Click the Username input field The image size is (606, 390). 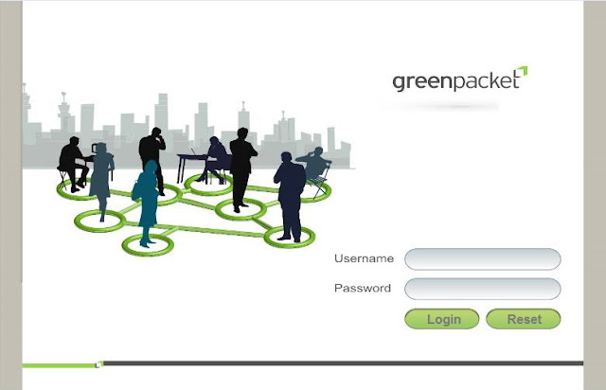[x=483, y=258]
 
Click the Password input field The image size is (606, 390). [x=483, y=289]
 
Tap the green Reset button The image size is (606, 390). [x=524, y=319]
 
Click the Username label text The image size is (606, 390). [x=364, y=258]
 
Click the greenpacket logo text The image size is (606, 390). [x=455, y=81]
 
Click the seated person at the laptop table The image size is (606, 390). [x=217, y=156]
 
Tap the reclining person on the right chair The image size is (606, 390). [x=314, y=167]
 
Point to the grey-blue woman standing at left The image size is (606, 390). [x=100, y=179]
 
